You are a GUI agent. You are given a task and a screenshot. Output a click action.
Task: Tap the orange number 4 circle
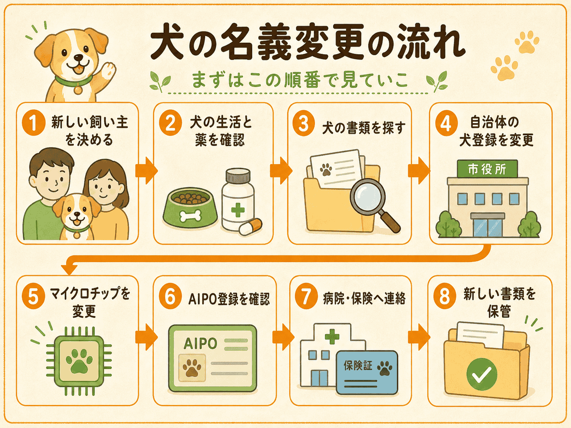pyautogui.click(x=446, y=124)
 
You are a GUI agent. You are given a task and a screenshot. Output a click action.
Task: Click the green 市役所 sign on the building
pyautogui.click(x=487, y=169)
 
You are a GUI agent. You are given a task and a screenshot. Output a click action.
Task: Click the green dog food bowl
pyautogui.click(x=190, y=208)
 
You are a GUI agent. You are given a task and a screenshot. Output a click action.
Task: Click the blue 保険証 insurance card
pyautogui.click(x=367, y=372)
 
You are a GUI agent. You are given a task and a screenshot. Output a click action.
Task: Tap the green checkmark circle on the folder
pyautogui.click(x=482, y=374)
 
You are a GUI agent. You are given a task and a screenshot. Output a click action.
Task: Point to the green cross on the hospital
pyautogui.click(x=332, y=336)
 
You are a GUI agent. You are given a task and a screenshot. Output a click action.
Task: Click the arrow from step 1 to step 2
pyautogui.click(x=147, y=171)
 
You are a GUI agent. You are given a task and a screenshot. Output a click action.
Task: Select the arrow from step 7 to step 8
pyautogui.click(x=419, y=337)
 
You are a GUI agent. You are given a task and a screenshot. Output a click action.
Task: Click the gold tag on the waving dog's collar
pyautogui.click(x=77, y=90)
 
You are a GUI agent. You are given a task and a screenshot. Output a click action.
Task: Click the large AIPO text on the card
pyautogui.click(x=200, y=343)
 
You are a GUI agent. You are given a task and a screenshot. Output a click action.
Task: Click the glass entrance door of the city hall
pyautogui.click(x=488, y=228)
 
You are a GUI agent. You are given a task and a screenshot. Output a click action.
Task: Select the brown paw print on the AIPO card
pyautogui.click(x=192, y=368)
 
